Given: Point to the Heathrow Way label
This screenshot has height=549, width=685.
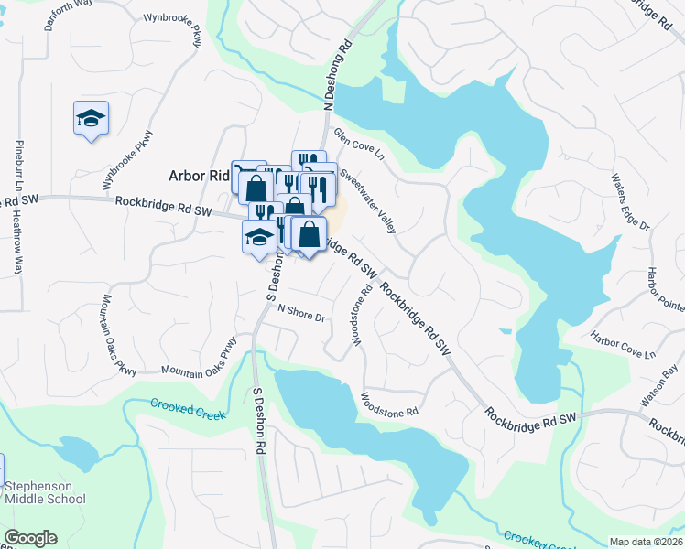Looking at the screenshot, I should tap(17, 244).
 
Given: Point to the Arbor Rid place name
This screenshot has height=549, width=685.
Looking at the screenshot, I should tap(197, 176).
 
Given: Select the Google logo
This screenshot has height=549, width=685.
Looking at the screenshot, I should tap(30, 538).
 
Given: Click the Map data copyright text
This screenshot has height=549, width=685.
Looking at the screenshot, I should tap(645, 542).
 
